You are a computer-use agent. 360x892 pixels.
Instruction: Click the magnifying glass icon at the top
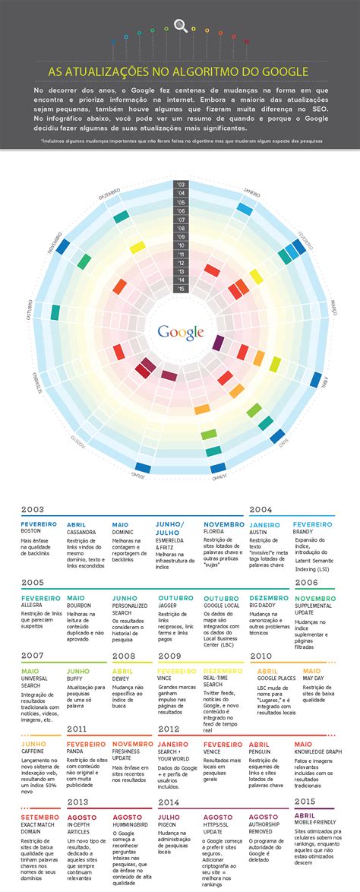coord(181,26)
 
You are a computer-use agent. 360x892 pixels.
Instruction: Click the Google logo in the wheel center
coord(180,331)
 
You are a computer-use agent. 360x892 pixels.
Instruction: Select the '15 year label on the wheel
coord(180,289)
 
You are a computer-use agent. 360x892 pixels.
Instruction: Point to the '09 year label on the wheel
coord(180,236)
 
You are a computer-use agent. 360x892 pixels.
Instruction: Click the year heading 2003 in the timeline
coord(33,510)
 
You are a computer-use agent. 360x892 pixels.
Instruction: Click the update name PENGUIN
coord(261,751)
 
